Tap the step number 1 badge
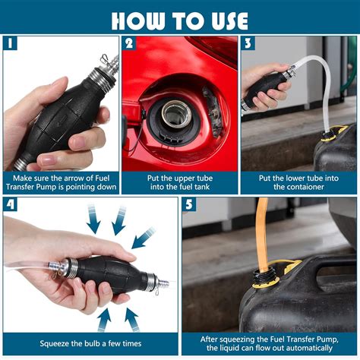click(x=11, y=43)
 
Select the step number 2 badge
click(x=131, y=43)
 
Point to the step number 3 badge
click(x=249, y=43)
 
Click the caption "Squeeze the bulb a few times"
click(x=90, y=343)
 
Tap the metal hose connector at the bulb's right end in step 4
click(x=157, y=283)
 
